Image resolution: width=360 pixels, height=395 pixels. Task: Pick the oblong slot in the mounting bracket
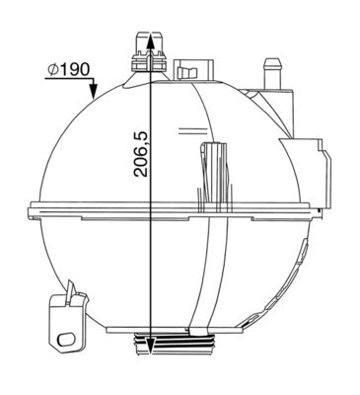coord(69,338)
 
